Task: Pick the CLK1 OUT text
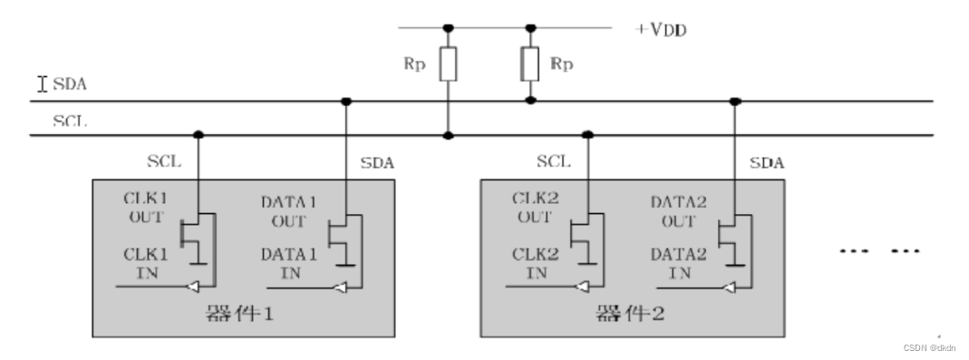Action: [146, 207]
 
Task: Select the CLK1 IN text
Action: [146, 264]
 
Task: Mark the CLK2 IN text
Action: [534, 264]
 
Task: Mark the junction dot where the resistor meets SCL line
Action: [448, 136]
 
